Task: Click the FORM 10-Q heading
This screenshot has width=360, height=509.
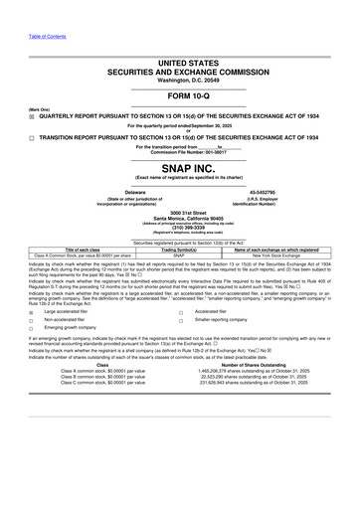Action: tap(180, 97)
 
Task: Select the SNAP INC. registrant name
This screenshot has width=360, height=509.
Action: tap(180, 168)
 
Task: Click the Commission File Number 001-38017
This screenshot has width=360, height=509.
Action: tap(180, 152)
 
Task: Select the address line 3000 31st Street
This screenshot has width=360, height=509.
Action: tap(180, 212)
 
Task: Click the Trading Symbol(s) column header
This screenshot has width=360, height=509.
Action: tap(179, 250)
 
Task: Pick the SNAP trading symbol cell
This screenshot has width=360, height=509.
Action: tap(179, 255)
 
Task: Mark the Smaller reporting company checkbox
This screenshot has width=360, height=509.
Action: tap(180, 320)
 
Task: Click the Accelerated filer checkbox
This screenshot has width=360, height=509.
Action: tap(180, 310)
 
